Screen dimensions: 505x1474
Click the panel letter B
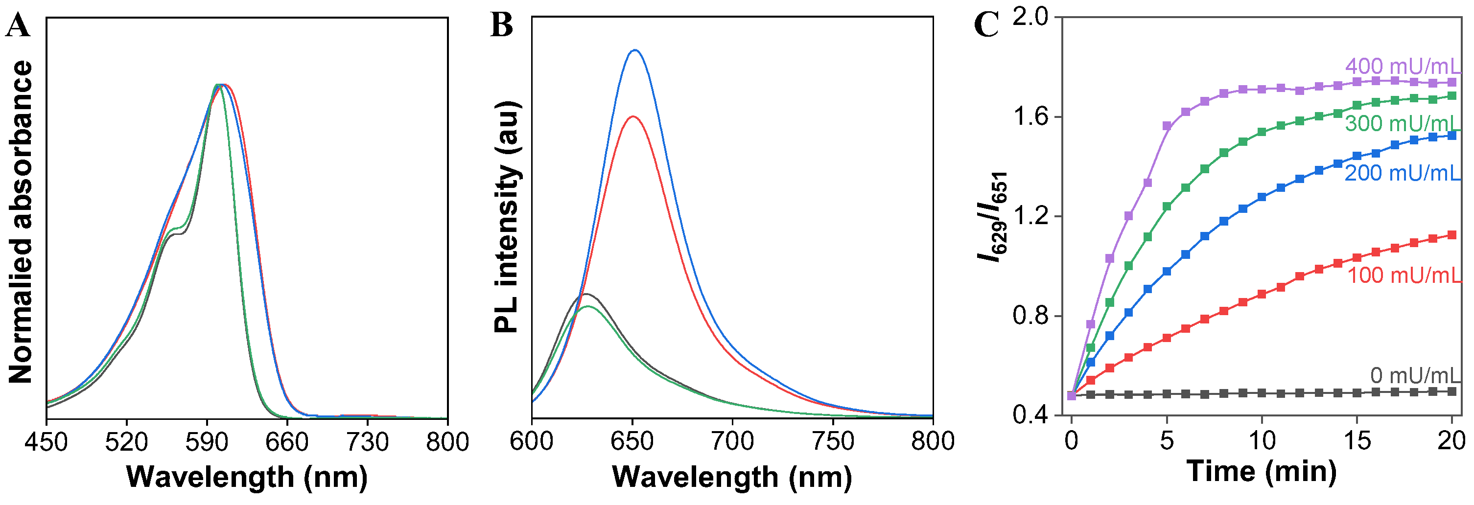[501, 26]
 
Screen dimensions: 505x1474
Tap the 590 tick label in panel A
[207, 442]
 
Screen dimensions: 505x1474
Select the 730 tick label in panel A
[367, 442]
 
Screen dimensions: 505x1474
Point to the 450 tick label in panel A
[47, 442]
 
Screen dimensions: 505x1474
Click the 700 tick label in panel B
[732, 441]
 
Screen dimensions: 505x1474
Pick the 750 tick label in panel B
[833, 441]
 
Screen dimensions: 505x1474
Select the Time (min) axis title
[1261, 472]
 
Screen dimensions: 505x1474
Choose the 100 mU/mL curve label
[1404, 275]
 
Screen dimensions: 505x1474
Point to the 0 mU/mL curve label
[1414, 376]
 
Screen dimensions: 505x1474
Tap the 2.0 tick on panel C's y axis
[1030, 17]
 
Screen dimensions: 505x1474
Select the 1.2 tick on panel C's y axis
[1030, 217]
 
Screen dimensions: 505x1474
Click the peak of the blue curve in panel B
[634, 50]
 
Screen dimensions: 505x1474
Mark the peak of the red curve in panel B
[632, 116]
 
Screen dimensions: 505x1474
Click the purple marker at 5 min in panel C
[1167, 126]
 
